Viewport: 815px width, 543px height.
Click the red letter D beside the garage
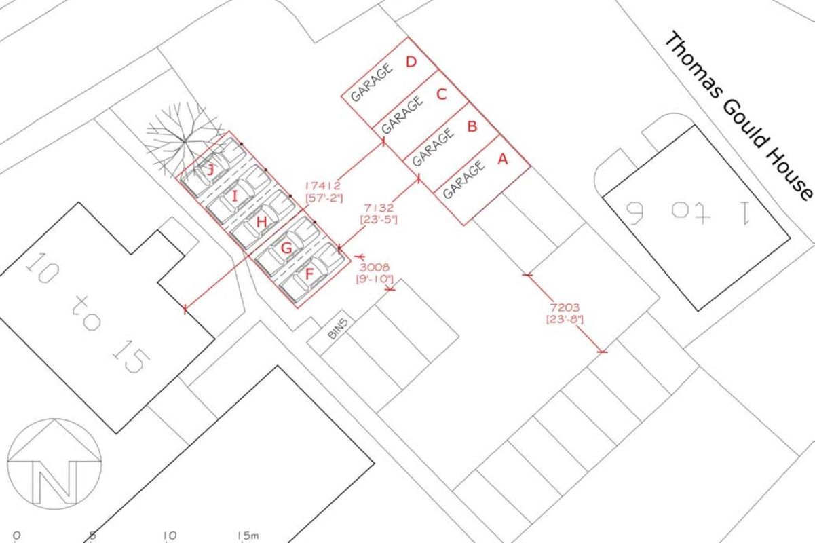411,62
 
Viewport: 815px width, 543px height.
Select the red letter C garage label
442,94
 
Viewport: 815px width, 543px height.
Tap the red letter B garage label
472,126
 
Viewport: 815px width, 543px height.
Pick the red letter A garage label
503,159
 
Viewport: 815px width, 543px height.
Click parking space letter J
210,170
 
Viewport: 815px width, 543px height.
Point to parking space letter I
235,197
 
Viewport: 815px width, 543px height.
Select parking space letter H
261,222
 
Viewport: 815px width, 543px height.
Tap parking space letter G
286,248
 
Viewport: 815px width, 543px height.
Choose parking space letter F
310,274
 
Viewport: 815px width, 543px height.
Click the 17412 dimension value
322,185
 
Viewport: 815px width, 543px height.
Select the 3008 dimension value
371,266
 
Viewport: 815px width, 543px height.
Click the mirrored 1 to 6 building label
689,212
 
